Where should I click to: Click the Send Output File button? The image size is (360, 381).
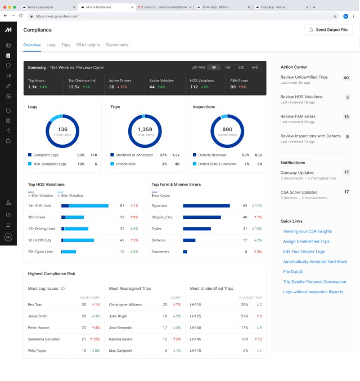pos(328,29)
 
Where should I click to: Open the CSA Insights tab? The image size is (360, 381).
pos(88,44)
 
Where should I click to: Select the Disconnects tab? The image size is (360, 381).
pos(117,44)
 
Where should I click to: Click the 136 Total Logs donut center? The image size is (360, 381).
pos(62,131)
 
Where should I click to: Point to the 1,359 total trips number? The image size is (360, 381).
pos(145,129)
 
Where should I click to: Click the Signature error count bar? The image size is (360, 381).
pos(206,206)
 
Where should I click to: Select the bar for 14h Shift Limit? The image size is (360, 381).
pos(85,206)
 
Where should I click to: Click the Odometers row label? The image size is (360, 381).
pos(161,252)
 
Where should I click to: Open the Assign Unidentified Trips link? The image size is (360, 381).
pos(306,241)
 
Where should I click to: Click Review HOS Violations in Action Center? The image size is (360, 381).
pos(301,97)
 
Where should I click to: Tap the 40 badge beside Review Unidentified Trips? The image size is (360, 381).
pos(346,78)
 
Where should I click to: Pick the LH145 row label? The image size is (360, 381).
pos(196,339)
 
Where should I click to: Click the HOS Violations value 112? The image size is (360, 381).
pos(195,87)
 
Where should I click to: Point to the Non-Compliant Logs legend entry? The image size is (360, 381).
pos(50,164)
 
